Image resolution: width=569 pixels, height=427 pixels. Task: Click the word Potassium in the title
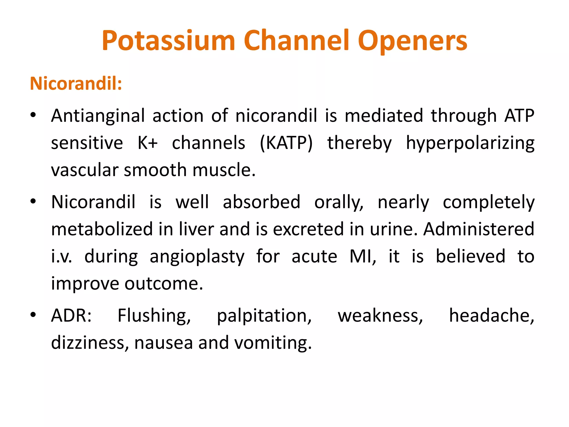[168, 41]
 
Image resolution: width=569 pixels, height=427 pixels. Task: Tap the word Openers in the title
[412, 41]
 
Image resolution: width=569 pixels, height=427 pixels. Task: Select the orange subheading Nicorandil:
[76, 83]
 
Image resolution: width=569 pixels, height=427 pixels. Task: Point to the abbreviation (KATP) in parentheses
[286, 143]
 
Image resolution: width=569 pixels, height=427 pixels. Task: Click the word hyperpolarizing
[470, 143]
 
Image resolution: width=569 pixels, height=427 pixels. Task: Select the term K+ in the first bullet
[148, 143]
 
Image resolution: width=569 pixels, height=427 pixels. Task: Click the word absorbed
[261, 202]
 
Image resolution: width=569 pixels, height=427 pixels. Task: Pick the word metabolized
[102, 229]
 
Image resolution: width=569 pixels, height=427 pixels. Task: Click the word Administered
[478, 229]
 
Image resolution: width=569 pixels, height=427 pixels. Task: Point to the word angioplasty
[197, 257]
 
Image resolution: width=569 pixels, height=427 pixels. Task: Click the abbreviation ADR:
[71, 316]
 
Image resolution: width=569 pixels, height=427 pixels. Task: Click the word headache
[491, 316]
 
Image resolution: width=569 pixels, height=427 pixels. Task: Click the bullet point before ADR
[33, 315]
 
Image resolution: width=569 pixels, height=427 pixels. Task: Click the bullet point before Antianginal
[33, 115]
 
